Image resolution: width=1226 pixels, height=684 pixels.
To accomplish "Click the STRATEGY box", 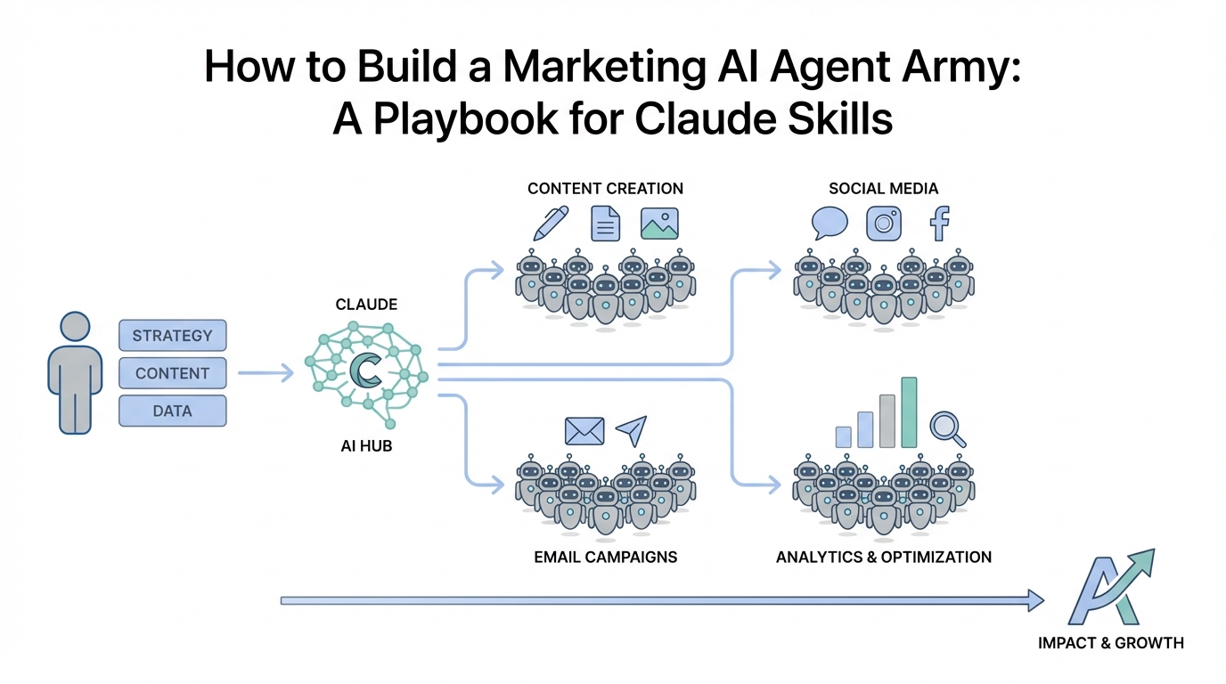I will (172, 336).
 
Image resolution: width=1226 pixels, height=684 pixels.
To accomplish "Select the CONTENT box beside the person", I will (172, 373).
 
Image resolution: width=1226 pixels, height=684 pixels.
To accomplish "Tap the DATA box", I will (172, 411).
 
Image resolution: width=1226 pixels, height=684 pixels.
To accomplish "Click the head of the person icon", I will (75, 327).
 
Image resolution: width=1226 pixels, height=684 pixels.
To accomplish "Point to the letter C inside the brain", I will (365, 370).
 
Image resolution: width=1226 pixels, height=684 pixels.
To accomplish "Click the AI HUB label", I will (365, 446).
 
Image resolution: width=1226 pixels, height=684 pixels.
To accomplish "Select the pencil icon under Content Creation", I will (551, 223).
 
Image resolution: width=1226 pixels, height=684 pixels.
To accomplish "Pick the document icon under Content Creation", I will (606, 223).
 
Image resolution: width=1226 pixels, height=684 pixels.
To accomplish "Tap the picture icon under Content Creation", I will (659, 223).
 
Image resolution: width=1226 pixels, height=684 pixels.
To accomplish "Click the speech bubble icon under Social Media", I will (830, 223).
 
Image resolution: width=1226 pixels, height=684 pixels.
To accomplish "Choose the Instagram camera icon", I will (884, 223).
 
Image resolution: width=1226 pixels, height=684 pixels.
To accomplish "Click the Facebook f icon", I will (938, 223).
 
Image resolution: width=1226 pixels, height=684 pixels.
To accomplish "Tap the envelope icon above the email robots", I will (584, 430).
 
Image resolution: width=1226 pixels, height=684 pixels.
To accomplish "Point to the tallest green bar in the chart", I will (909, 411).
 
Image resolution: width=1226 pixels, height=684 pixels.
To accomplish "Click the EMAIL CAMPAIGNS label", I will (606, 557).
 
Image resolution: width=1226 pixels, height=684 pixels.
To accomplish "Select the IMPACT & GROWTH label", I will (1111, 642).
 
